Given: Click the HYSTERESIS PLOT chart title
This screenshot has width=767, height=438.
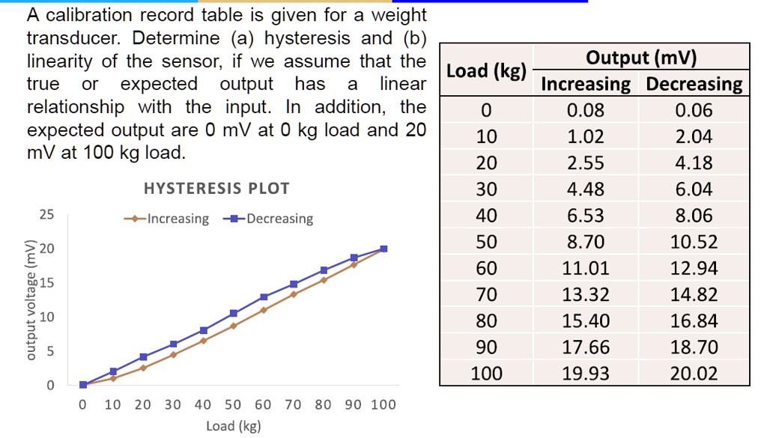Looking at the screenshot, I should pyautogui.click(x=216, y=189).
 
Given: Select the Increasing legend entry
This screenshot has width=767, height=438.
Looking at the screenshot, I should pyautogui.click(x=166, y=219).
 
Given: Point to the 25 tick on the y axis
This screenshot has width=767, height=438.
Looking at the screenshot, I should pyautogui.click(x=46, y=215).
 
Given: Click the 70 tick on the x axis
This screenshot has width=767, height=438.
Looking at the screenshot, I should pyautogui.click(x=293, y=405).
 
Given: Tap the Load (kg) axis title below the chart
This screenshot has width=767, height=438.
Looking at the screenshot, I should pyautogui.click(x=233, y=426).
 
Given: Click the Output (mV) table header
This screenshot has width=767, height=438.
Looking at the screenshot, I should pyautogui.click(x=641, y=58).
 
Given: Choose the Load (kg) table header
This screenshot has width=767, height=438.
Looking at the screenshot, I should pyautogui.click(x=486, y=71).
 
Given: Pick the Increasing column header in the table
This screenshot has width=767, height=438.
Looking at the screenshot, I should pyautogui.click(x=586, y=84).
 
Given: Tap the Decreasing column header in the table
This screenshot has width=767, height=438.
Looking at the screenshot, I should pyautogui.click(x=694, y=84).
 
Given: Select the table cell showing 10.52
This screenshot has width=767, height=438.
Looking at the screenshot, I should pyautogui.click(x=694, y=242).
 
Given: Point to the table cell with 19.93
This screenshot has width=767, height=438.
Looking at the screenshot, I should pyautogui.click(x=586, y=373).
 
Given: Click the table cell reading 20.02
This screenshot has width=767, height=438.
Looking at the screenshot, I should pyautogui.click(x=694, y=373).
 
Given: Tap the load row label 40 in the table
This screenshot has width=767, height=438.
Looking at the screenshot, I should pyautogui.click(x=486, y=216).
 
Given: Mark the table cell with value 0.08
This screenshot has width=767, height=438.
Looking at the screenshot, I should pyautogui.click(x=586, y=111).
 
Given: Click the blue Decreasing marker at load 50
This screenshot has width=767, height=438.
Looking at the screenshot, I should pyautogui.click(x=234, y=313).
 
